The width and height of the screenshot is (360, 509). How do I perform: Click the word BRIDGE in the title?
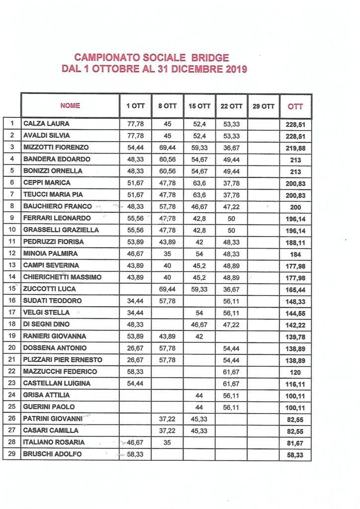[x=209, y=58]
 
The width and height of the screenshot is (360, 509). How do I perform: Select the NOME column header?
[x=70, y=105]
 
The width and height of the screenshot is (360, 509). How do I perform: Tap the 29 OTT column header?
[x=263, y=106]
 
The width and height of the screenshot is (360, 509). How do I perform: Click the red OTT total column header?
[x=295, y=106]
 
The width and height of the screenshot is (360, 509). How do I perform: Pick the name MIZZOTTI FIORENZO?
[x=56, y=147]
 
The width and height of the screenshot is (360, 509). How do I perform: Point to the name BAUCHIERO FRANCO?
[x=57, y=206]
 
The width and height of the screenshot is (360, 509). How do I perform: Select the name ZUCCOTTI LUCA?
[x=48, y=289]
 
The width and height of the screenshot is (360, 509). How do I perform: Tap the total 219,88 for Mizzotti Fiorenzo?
[x=295, y=148]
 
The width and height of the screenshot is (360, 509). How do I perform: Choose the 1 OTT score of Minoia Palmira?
[x=136, y=254]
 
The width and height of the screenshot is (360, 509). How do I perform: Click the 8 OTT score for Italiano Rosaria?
[x=168, y=442]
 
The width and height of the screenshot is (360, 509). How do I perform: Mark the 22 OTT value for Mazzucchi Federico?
[x=231, y=372]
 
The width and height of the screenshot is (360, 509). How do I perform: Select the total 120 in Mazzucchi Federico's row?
[x=295, y=372]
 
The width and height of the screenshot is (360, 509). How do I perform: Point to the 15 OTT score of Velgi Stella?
[x=200, y=313]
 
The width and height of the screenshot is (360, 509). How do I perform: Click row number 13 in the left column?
[x=11, y=265]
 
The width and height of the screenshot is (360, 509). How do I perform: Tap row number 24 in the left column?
[x=11, y=395]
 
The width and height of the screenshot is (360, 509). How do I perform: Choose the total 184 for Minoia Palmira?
[x=295, y=254]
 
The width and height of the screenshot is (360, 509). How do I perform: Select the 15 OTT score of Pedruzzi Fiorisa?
[x=200, y=242]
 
